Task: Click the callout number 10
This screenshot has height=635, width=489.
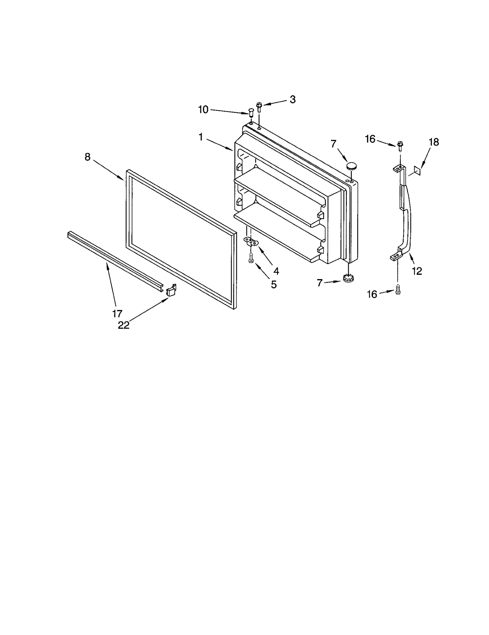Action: (203, 109)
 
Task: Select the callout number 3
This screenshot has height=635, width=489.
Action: (292, 99)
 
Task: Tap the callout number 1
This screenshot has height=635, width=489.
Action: (200, 137)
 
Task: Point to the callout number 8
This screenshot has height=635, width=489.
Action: (88, 157)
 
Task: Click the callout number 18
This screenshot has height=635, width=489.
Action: (434, 142)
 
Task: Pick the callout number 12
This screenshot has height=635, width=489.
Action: (417, 271)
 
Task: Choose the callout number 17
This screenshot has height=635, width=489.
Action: (117, 313)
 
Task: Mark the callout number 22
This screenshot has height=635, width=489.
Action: (124, 325)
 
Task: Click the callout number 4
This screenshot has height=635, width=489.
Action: (276, 271)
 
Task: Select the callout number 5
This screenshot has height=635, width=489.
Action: (274, 285)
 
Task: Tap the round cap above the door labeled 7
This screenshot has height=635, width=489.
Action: (352, 166)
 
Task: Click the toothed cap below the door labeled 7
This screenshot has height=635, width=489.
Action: (347, 278)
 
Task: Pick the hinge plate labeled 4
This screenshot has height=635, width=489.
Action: (251, 242)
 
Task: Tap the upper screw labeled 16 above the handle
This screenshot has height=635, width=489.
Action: (399, 145)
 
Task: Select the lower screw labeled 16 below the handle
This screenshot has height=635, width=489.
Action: (398, 289)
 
